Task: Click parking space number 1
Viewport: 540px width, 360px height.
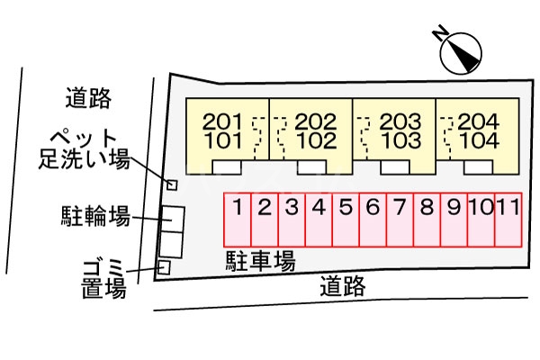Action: tap(237, 209)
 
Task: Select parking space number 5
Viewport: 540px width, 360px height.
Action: tap(346, 209)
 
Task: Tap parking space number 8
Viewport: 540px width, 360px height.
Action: tap(427, 209)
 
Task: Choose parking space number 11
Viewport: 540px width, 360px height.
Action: tap(508, 209)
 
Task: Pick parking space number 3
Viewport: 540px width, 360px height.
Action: tap(292, 209)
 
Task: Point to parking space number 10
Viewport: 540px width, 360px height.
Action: tap(481, 209)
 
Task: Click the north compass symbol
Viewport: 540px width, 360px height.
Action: tap(461, 51)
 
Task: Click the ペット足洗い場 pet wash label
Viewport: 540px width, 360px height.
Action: tap(84, 148)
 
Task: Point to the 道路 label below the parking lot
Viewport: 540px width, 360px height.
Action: tap(343, 287)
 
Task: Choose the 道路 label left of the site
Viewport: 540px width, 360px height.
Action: tap(87, 96)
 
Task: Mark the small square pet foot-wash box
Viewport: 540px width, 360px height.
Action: tap(173, 184)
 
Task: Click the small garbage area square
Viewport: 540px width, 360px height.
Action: tap(164, 267)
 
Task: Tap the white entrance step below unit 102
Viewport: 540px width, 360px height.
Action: tap(311, 167)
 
